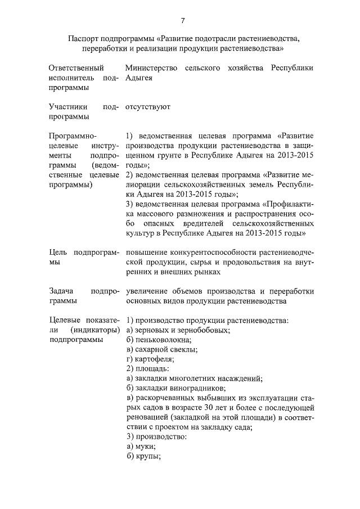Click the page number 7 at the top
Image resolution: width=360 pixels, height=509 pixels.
[183, 21]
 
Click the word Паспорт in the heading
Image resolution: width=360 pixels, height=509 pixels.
[83, 39]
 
